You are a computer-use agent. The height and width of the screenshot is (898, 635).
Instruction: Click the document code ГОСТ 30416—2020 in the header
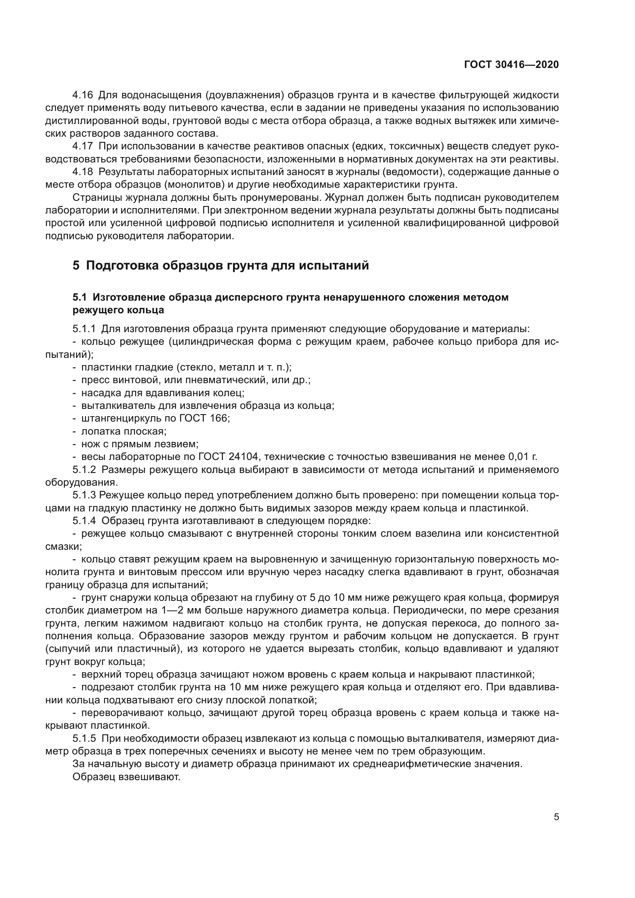click(511, 65)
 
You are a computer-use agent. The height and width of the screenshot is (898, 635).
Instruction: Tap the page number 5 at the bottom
click(556, 817)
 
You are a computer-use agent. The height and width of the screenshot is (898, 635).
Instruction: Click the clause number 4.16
click(83, 95)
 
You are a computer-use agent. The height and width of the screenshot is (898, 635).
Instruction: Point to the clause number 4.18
click(83, 172)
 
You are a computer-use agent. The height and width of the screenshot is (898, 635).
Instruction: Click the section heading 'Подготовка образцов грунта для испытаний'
click(227, 266)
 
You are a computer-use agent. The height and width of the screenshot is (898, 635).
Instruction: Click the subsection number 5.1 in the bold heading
click(79, 298)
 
